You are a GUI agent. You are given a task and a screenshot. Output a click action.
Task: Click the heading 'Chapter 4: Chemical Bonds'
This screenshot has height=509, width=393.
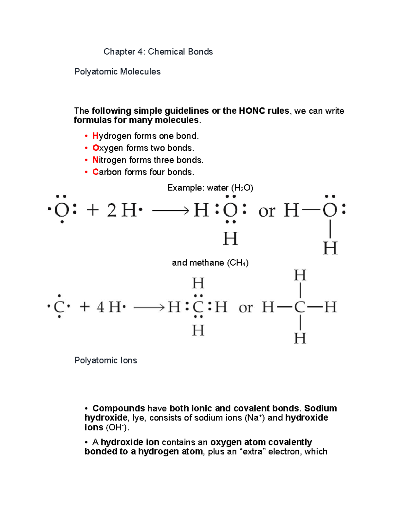(158, 52)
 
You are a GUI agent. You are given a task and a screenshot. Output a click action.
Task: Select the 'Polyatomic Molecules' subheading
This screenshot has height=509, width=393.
(117, 72)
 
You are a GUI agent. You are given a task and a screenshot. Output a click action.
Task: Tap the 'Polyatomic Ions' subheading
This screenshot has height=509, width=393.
(105, 361)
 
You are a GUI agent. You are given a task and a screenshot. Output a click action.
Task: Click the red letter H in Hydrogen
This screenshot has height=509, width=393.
(95, 136)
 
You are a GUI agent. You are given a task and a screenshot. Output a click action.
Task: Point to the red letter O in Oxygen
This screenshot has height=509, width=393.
(96, 148)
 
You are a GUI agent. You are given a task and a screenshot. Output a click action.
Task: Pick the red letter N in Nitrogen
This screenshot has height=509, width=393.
(95, 160)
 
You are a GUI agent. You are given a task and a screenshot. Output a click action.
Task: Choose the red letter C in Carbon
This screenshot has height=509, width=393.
(95, 172)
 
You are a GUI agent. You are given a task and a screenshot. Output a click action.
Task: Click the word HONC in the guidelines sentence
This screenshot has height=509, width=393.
(252, 111)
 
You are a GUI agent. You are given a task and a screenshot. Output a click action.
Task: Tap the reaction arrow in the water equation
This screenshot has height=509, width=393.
(171, 210)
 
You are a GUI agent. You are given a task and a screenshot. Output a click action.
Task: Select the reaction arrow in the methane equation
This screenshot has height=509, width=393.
(149, 307)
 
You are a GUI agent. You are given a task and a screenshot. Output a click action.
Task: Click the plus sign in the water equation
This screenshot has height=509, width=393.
(93, 210)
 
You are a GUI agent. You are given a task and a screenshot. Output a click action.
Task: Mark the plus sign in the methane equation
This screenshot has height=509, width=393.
(84, 307)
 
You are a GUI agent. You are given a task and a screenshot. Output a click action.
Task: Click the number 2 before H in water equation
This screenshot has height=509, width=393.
(112, 210)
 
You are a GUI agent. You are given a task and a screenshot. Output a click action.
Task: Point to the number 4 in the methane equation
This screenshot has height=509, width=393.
(101, 307)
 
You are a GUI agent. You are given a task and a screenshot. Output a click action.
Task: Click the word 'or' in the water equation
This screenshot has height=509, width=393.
(267, 211)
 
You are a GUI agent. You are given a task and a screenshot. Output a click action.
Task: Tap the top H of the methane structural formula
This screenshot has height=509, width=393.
(300, 275)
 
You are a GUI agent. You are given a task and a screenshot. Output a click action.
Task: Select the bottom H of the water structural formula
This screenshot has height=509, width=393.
(330, 248)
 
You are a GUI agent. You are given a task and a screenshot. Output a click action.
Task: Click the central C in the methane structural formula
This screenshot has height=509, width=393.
(300, 307)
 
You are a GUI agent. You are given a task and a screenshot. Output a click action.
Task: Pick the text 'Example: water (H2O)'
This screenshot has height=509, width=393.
(210, 188)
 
